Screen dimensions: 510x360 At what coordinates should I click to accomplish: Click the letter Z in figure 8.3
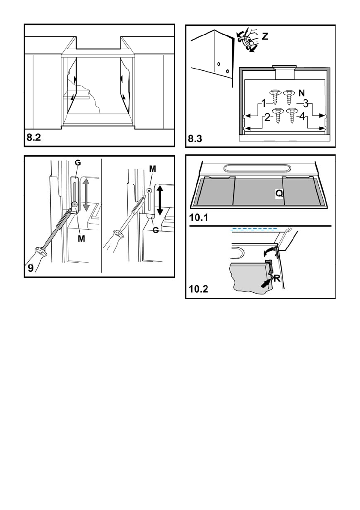tap(265, 37)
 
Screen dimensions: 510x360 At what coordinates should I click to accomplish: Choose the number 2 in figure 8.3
tap(267, 117)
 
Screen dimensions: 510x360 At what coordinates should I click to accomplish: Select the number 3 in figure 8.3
tap(305, 103)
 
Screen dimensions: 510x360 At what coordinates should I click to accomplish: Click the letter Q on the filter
tap(279, 194)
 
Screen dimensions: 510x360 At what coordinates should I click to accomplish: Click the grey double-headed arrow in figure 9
tap(86, 194)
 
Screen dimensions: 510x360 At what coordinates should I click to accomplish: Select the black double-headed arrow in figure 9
tap(161, 199)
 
